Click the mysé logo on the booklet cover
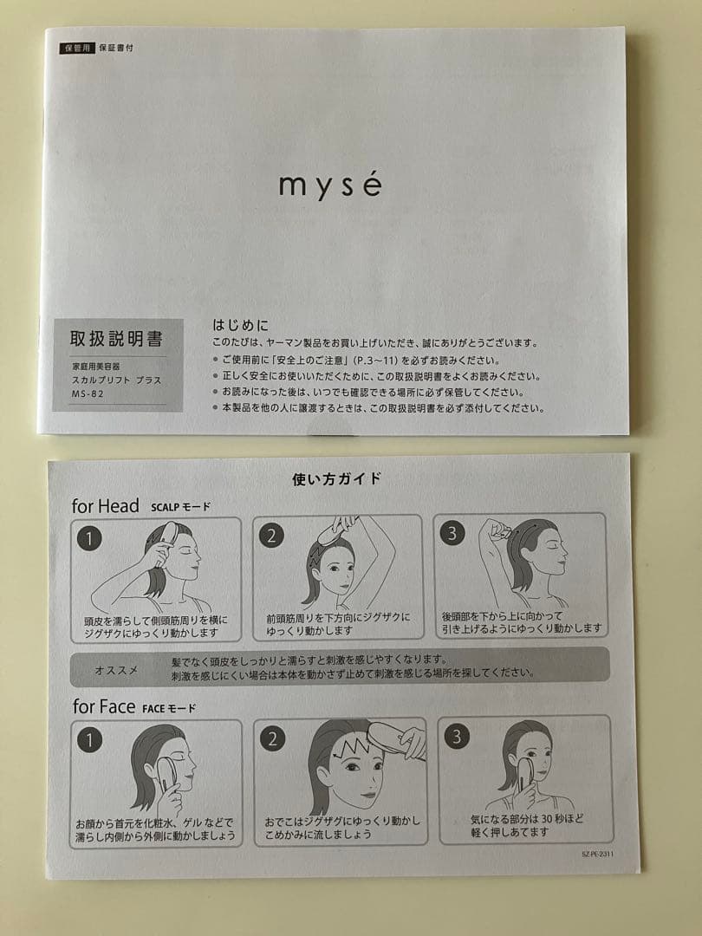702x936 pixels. pos(329,185)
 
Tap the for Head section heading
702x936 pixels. pos(106,506)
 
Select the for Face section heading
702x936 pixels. pos(104,706)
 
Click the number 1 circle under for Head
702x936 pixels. pos(89,538)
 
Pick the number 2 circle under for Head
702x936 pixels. pos(271,536)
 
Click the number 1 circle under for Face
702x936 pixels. pos(89,739)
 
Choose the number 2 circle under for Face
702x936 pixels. pos(272,738)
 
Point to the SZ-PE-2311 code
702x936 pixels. pos(597,854)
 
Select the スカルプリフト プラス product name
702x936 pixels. pos(116,380)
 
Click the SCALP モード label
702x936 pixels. pos(179,507)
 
